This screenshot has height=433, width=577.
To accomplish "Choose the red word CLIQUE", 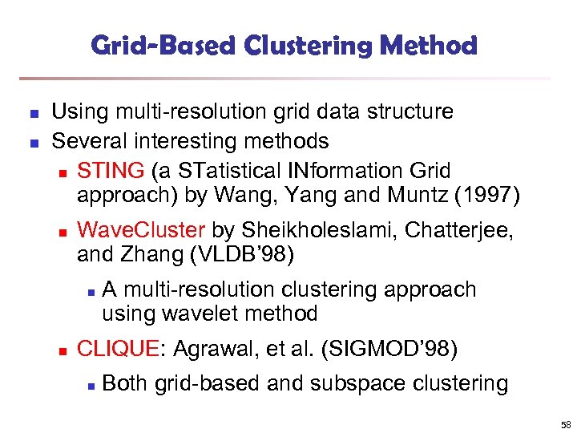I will click(117, 349).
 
